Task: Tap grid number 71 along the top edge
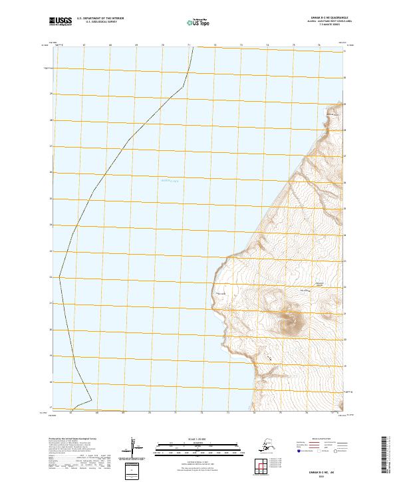point(190,46)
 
